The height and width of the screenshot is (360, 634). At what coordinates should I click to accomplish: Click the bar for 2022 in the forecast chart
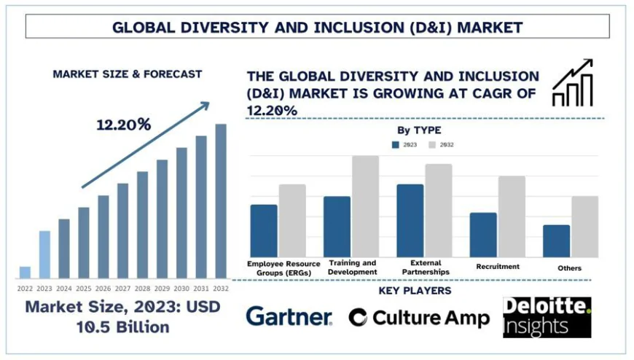click(x=25, y=272)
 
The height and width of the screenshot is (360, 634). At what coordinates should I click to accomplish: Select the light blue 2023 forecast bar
click(x=44, y=254)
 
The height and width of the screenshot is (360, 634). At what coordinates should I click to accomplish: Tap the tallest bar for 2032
click(x=220, y=201)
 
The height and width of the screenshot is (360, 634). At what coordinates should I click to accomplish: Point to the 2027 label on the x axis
click(x=122, y=289)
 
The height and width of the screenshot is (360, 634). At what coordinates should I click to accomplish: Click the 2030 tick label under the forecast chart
click(x=181, y=289)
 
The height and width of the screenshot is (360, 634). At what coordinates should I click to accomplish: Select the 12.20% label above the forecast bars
click(x=123, y=125)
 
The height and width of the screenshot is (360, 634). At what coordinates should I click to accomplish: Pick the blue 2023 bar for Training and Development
click(x=337, y=226)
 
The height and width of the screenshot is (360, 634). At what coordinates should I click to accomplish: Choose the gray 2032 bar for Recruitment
click(x=512, y=216)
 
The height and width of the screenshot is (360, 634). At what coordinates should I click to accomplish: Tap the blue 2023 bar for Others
click(x=556, y=240)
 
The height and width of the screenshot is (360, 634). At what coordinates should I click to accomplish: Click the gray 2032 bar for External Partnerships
click(x=439, y=210)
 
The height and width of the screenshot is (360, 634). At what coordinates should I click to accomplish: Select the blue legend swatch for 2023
click(x=396, y=144)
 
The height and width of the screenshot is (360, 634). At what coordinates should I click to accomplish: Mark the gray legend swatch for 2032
click(x=431, y=144)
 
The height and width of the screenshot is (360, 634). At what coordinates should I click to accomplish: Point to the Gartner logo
click(x=289, y=316)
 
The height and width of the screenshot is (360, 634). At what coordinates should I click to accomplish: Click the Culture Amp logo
click(x=418, y=317)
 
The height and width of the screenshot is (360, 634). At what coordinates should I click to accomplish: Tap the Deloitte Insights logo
click(x=547, y=317)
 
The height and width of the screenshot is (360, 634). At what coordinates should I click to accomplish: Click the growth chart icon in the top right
click(x=573, y=83)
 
